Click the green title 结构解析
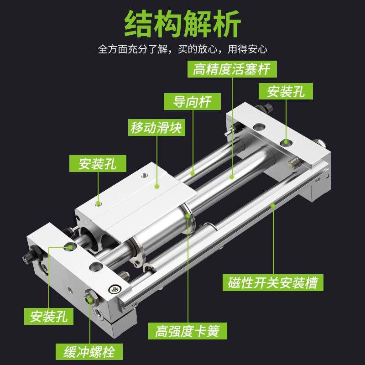tap(182, 24)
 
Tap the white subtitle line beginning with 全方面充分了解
tap(182, 49)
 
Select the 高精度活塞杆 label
tap(232, 69)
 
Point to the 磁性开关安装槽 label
tap(273, 282)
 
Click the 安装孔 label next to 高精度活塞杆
tap(286, 92)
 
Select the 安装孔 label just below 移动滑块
tap(98, 164)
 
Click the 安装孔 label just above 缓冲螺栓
tap(49, 316)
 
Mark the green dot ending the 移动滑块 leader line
tap(157, 186)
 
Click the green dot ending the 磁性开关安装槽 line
tap(273, 206)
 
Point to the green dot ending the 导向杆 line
tap(193, 173)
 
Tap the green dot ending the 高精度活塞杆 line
tap(232, 175)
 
